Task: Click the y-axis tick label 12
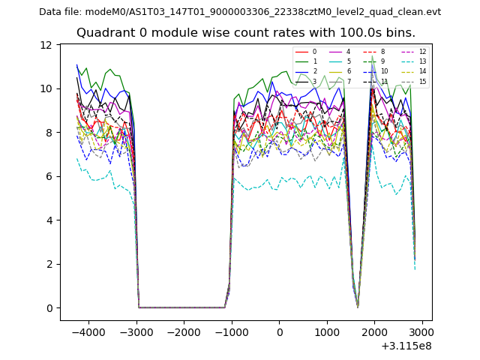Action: [46, 45]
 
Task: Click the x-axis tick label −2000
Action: [184, 333]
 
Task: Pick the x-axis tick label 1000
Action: [327, 333]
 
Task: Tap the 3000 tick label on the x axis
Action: [422, 333]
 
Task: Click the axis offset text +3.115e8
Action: [406, 346]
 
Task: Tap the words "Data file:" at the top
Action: [61, 12]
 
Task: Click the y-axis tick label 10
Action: [46, 88]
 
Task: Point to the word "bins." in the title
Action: [400, 33]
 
